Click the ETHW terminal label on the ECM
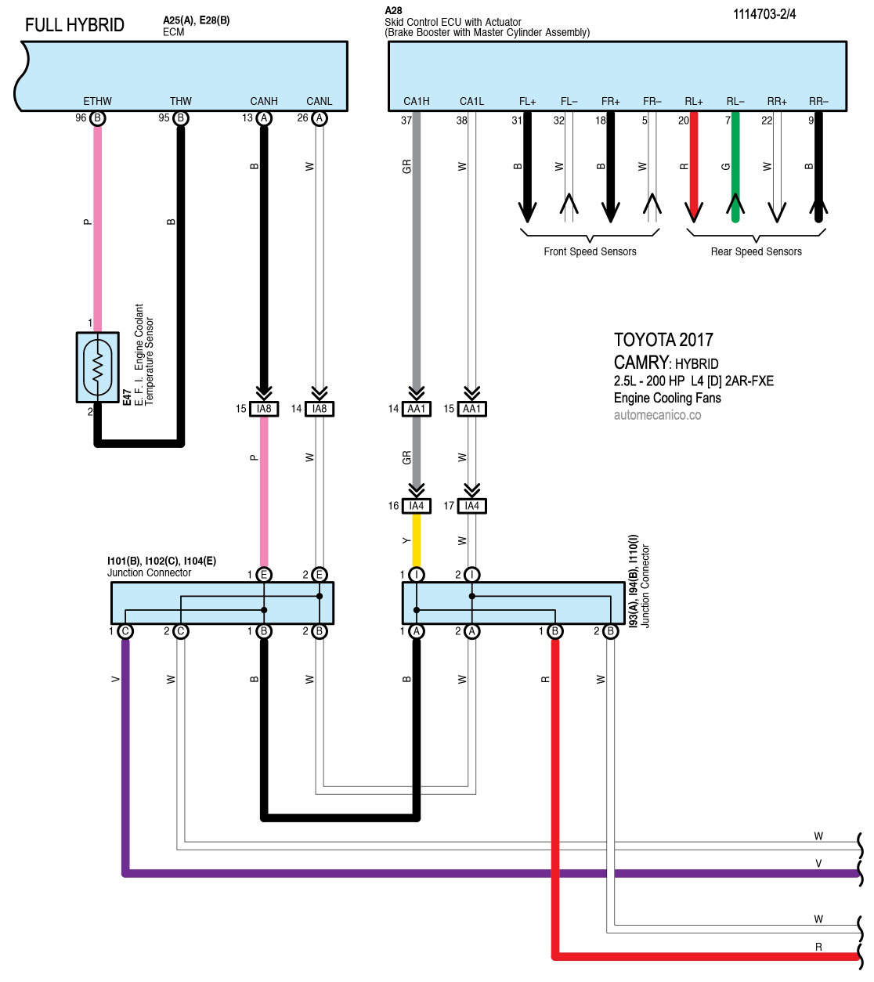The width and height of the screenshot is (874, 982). pyautogui.click(x=97, y=101)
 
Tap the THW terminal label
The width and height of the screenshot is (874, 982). pyautogui.click(x=181, y=101)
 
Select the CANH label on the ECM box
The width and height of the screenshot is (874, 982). pyautogui.click(x=264, y=101)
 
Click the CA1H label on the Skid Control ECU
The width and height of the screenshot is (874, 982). pyautogui.click(x=417, y=101)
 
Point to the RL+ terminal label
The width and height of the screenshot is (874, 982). pyautogui.click(x=694, y=101)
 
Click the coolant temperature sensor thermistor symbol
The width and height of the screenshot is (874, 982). pyautogui.click(x=98, y=367)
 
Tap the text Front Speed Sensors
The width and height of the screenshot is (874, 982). pyautogui.click(x=590, y=251)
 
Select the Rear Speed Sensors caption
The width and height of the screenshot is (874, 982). pyautogui.click(x=756, y=251)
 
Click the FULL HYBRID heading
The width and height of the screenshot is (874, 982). pyautogui.click(x=74, y=25)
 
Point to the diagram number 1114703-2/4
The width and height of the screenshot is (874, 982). pyautogui.click(x=764, y=14)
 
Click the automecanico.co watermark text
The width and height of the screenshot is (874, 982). pyautogui.click(x=657, y=415)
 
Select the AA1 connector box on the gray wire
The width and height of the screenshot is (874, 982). pyautogui.click(x=417, y=409)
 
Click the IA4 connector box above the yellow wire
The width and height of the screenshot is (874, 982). pyautogui.click(x=417, y=506)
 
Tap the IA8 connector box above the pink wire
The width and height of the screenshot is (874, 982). pyautogui.click(x=264, y=409)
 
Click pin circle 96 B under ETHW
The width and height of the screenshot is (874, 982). pyautogui.click(x=98, y=118)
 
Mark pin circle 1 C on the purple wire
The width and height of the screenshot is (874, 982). pyautogui.click(x=125, y=631)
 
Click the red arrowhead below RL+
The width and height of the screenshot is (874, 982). pyautogui.click(x=694, y=210)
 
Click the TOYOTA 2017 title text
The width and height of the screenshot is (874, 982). pyautogui.click(x=663, y=340)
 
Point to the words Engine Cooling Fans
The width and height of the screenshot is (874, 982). pyautogui.click(x=667, y=398)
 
